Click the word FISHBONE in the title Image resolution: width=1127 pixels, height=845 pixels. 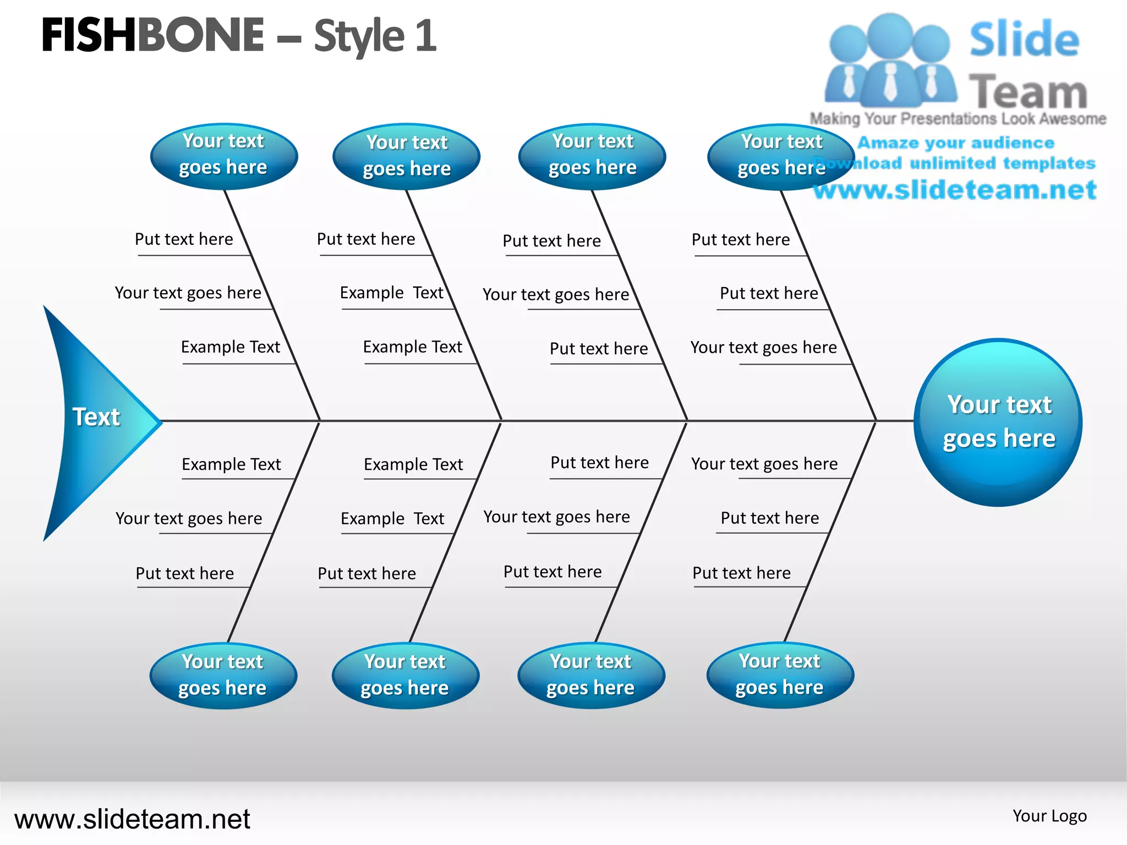152,36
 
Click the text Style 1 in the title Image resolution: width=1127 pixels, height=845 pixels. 375,36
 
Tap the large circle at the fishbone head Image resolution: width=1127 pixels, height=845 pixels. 998,422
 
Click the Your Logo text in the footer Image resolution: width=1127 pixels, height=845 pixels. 1049,816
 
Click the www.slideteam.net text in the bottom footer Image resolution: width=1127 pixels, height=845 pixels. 132,819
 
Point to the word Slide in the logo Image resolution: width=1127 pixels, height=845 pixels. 1024,40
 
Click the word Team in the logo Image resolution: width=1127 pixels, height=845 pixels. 1028,91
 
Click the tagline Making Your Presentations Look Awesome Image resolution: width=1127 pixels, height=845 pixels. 958,119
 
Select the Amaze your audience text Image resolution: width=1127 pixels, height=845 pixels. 956,143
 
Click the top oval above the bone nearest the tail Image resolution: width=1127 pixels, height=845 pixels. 223,156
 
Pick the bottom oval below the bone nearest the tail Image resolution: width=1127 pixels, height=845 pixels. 223,676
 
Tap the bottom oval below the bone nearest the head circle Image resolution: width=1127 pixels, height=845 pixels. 780,675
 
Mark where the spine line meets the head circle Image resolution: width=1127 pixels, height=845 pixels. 915,421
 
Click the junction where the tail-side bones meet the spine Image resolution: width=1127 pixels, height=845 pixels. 320,421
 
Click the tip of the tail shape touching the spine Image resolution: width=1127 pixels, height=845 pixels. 161,422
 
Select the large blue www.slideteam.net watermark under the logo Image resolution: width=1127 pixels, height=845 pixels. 955,190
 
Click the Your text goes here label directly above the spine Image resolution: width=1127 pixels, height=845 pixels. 763,348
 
